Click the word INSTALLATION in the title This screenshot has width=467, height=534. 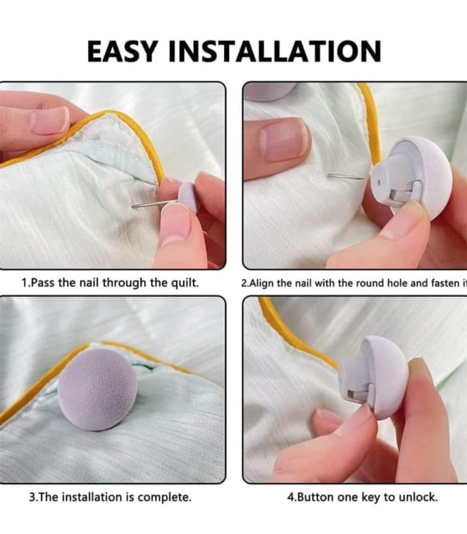276,51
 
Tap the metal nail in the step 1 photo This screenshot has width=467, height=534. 151,204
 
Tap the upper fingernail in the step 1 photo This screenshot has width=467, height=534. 50,121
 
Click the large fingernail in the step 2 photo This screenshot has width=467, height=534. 283,139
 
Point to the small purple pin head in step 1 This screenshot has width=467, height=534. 188,197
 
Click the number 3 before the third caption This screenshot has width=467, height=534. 32,497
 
